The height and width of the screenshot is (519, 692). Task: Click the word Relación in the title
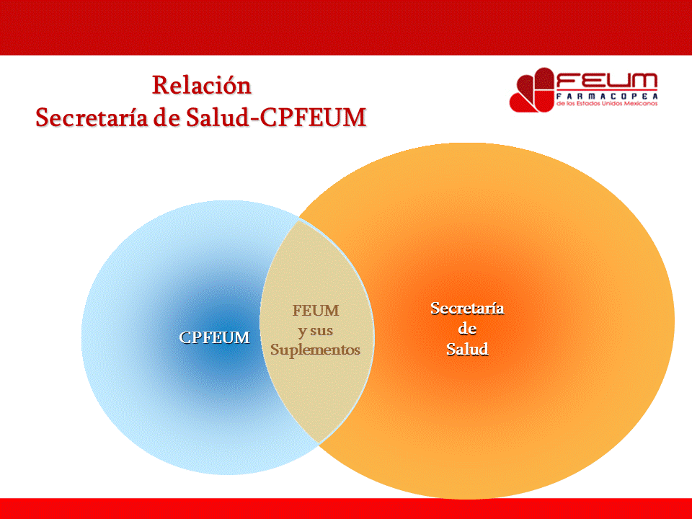[201, 85]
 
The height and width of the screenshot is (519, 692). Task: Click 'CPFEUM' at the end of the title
[313, 117]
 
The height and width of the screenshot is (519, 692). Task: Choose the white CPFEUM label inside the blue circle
[215, 337]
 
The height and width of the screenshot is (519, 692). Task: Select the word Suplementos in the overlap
[315, 350]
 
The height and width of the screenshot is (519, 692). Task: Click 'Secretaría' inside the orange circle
[467, 309]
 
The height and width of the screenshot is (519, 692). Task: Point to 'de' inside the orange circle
[467, 329]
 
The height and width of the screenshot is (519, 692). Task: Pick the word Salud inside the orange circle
[467, 350]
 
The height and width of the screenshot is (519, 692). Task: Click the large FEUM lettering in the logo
[606, 81]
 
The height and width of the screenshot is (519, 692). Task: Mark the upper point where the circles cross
[298, 220]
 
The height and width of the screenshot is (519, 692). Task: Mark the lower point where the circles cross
[317, 443]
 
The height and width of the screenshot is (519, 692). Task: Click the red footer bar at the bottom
[346, 508]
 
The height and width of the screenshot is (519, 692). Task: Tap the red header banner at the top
[346, 27]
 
